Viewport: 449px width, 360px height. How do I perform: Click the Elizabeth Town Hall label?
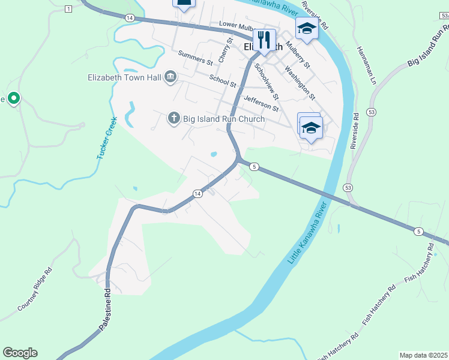124,77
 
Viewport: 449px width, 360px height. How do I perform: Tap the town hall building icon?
170,77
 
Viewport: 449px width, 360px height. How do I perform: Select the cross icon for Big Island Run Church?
174,118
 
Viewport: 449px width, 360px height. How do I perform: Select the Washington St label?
300,82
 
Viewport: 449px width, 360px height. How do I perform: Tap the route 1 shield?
68,8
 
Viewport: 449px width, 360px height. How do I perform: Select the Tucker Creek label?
106,139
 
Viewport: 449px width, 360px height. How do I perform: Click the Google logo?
20,353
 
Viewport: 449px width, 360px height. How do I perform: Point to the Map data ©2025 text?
423,355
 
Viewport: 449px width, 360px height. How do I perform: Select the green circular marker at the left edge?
13,99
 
